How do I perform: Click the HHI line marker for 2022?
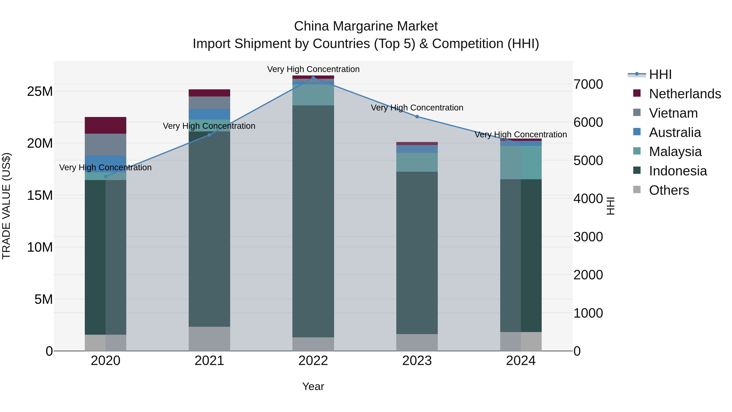point(313,78)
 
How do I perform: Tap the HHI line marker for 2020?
point(106,177)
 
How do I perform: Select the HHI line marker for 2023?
point(417,117)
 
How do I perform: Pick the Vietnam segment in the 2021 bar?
point(209,103)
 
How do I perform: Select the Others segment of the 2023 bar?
point(417,342)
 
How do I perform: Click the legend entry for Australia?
point(675,132)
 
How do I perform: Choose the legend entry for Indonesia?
point(678,171)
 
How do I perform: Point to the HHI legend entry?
point(660,74)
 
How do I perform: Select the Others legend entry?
point(669,190)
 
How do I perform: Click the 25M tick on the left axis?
point(40,92)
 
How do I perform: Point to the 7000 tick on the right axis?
point(588,84)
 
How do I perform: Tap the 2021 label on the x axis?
point(209,361)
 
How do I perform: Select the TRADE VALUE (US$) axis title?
point(6,206)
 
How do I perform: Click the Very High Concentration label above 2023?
point(417,108)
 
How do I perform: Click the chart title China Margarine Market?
point(366,26)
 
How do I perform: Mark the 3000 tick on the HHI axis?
point(588,237)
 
